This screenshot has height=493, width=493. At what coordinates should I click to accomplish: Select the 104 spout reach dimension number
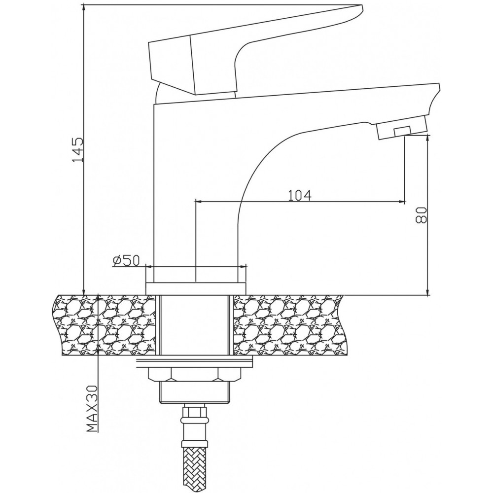(x=300, y=195)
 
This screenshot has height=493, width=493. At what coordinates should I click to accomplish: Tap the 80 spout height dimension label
(x=421, y=215)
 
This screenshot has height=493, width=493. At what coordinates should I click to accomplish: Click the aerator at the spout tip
(x=402, y=127)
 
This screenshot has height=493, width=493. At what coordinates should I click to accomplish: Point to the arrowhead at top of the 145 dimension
(x=84, y=8)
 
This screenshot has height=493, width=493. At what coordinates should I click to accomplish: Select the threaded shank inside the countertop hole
(x=195, y=325)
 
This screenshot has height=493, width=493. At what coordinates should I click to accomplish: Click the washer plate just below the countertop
(x=194, y=361)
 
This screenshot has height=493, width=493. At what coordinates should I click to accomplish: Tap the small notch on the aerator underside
(x=402, y=131)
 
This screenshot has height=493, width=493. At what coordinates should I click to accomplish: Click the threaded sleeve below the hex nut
(x=195, y=392)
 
